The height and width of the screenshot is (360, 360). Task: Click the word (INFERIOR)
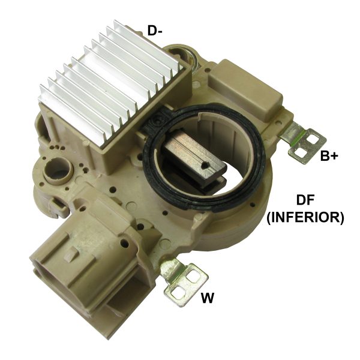pos(305,218)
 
